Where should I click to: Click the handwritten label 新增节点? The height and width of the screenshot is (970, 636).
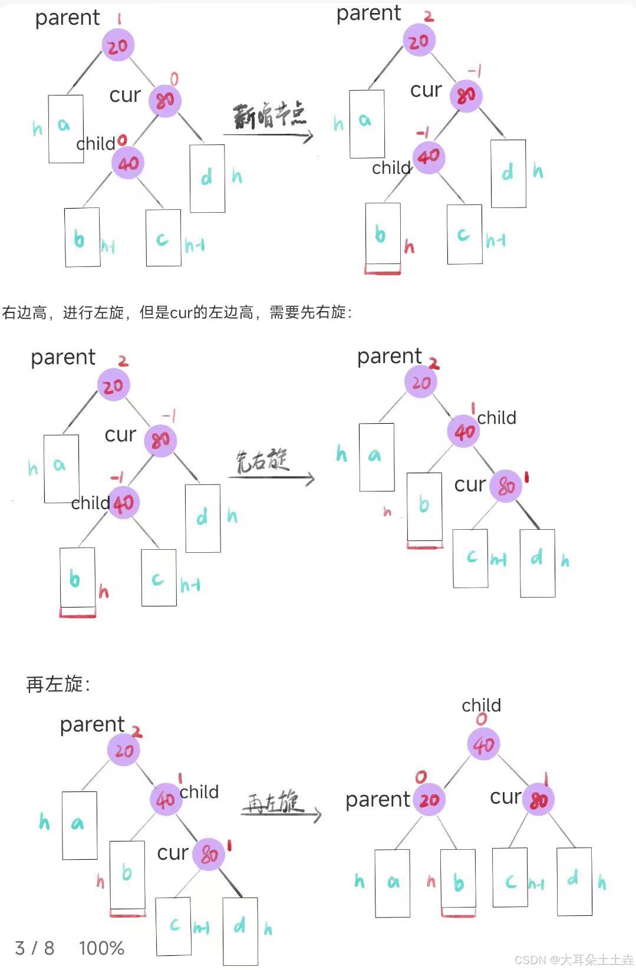coord(269,115)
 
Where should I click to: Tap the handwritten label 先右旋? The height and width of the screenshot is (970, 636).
coord(262,461)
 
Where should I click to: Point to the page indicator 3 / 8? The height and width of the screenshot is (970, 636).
coord(35,948)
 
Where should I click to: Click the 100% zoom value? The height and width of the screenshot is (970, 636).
coord(101,948)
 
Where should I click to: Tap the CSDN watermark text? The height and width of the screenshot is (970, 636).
coord(573,959)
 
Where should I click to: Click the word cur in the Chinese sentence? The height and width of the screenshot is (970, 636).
coord(181,312)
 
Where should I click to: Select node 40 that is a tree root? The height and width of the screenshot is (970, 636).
coord(483,745)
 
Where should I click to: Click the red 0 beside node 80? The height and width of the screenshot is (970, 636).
coord(174,79)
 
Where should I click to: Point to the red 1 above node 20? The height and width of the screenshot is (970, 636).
coord(119,19)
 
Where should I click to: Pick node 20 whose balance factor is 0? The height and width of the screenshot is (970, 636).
coord(429,800)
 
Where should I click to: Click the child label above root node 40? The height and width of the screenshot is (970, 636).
coord(481,705)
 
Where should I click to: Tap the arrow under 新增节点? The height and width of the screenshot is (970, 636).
coord(268,136)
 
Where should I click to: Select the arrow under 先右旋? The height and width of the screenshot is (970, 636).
coord(271,478)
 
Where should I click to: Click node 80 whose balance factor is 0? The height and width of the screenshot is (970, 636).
coord(165,100)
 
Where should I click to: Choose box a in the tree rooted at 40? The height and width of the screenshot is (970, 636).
coord(393,883)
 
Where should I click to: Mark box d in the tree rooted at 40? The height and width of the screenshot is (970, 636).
coord(574,880)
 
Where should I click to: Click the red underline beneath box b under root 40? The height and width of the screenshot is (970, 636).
coord(458,915)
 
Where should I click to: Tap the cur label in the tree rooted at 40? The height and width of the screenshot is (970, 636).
coord(505,797)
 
